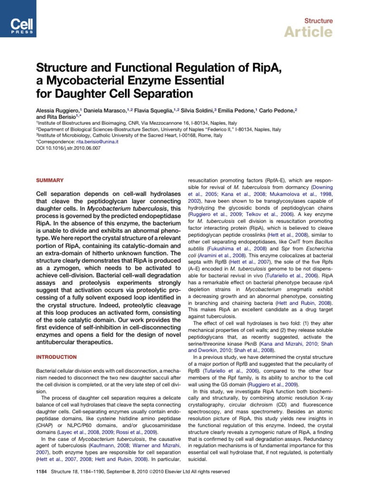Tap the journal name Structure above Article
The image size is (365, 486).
point(318,21)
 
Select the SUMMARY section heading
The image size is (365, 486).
point(50,181)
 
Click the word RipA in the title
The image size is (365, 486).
point(263,70)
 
